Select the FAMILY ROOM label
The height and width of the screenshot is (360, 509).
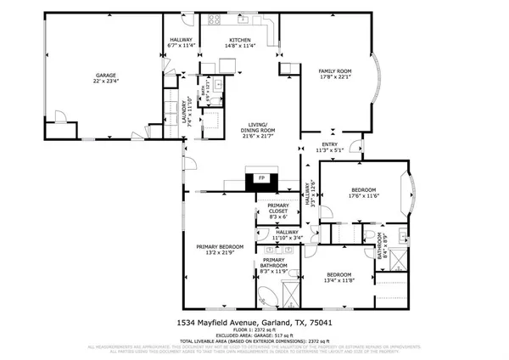(x=334, y=70)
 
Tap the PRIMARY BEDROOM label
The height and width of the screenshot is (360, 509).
(x=220, y=246)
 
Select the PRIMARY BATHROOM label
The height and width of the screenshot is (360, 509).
(x=273, y=264)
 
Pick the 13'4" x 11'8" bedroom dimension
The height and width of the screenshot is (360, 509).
(x=339, y=281)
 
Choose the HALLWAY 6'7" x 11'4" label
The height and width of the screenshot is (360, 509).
(x=182, y=43)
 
